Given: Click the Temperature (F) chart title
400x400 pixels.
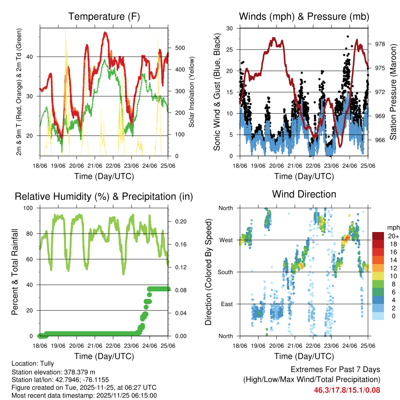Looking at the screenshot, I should click(104, 17).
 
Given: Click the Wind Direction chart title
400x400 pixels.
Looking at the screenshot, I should click(304, 194).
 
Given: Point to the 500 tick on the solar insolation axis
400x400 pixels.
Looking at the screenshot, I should click(180, 48).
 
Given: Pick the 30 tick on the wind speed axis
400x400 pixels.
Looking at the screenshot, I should click(230, 28).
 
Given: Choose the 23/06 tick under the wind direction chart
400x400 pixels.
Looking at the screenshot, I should click(331, 345).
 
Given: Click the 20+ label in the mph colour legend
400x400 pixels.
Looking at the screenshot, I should click(393, 236).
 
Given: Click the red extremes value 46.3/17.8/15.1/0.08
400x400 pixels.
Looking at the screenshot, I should click(347, 390).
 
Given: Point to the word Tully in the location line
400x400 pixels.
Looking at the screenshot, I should click(47, 363).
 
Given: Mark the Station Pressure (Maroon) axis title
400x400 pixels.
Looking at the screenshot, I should click(393, 92).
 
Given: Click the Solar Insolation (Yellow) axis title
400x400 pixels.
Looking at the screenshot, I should click(191, 92).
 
